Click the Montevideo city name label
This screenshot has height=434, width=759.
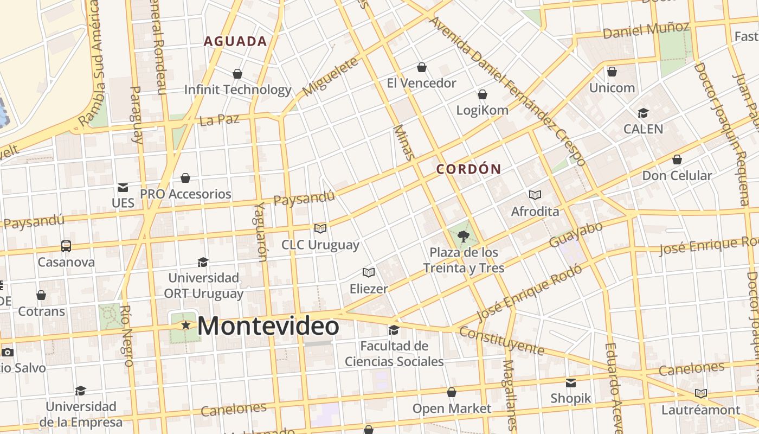[x=268, y=326]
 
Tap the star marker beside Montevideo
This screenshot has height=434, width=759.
[x=186, y=325]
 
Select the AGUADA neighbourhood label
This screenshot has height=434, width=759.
[x=235, y=41]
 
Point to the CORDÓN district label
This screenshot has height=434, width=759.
[x=469, y=169]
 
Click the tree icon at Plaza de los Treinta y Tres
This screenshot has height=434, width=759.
[x=464, y=236]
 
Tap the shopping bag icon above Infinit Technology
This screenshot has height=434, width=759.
[x=237, y=73]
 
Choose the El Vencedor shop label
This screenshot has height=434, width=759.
[x=421, y=83]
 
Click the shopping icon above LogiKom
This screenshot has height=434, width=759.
[x=483, y=94]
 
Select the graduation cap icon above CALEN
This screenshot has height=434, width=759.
[x=644, y=113]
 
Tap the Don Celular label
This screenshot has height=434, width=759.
[x=677, y=175]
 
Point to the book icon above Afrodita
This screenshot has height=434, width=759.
[x=535, y=195]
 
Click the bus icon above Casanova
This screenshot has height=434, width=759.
[x=66, y=246]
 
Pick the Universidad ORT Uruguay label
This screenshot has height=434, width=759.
[x=203, y=286]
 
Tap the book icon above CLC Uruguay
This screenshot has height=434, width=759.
[x=320, y=228]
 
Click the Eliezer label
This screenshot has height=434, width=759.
[x=369, y=289]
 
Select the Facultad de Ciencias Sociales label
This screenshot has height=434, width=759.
[x=394, y=354]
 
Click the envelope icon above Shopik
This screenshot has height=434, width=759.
[x=571, y=383]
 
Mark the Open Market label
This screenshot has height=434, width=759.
[x=452, y=409]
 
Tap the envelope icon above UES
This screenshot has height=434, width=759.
[x=123, y=188]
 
